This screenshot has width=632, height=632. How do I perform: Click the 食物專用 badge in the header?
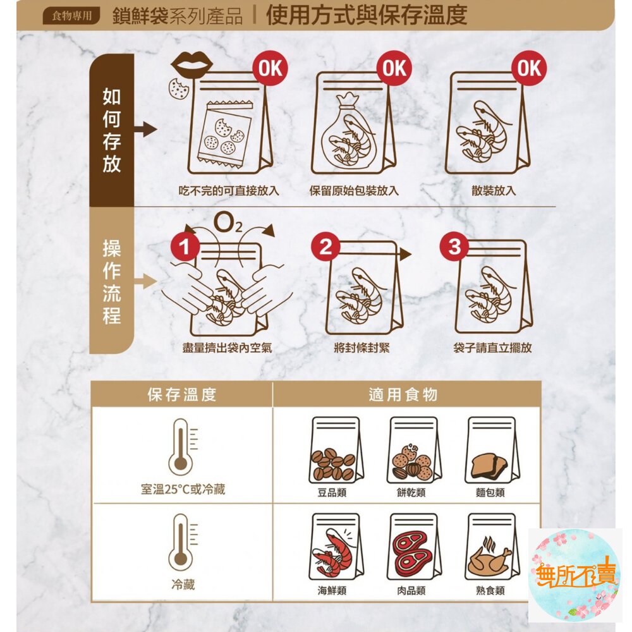71,16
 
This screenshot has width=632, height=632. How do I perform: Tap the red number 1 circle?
185,246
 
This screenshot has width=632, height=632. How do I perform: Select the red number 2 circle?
325,246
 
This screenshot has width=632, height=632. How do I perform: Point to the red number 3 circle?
454,246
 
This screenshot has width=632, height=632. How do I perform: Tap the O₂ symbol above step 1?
228,223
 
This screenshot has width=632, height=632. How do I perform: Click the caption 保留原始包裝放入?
354,191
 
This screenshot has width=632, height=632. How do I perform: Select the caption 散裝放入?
494,191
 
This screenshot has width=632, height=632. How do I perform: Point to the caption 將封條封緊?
362,348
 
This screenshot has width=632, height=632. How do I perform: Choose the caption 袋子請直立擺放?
492,348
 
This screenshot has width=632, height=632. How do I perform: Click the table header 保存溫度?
182,394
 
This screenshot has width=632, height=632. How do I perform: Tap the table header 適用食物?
403,394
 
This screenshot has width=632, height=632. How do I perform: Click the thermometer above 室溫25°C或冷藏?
183,447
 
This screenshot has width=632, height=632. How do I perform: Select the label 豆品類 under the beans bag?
332,492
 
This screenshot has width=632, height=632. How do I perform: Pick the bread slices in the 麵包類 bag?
490,466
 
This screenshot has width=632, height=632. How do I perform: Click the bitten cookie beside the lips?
179,89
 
